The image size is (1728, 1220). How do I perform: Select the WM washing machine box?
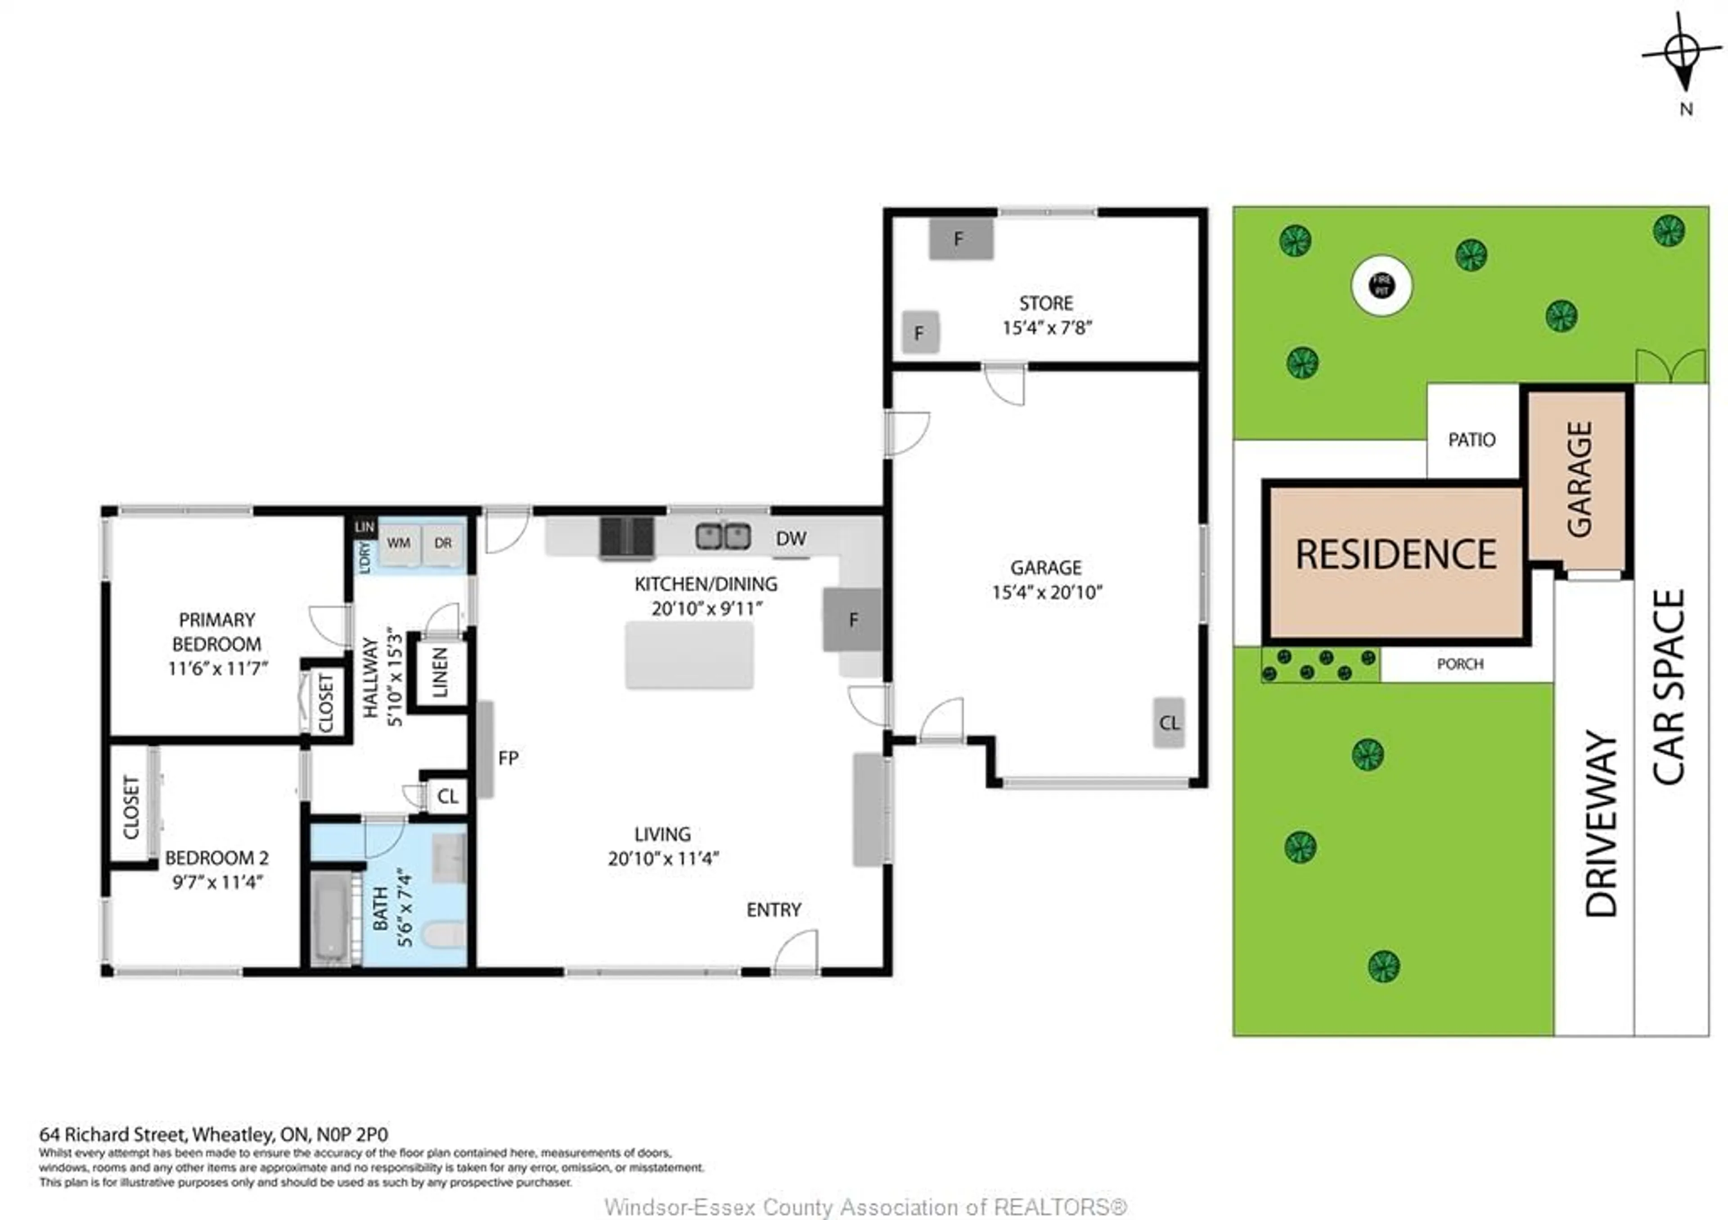(x=399, y=543)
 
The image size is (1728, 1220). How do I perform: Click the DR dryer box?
(x=442, y=543)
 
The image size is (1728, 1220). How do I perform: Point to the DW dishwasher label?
(x=791, y=539)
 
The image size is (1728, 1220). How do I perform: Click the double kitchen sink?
(x=723, y=536)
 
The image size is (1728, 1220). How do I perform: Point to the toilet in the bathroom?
(x=444, y=936)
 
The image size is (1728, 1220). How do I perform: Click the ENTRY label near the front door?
(x=773, y=910)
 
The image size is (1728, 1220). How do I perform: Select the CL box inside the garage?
(x=1169, y=723)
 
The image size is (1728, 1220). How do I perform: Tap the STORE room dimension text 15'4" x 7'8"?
(x=1046, y=328)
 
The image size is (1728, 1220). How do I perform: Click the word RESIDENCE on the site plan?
(x=1395, y=555)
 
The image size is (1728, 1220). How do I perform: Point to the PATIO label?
(x=1471, y=440)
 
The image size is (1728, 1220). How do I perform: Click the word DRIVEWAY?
(x=1601, y=824)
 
